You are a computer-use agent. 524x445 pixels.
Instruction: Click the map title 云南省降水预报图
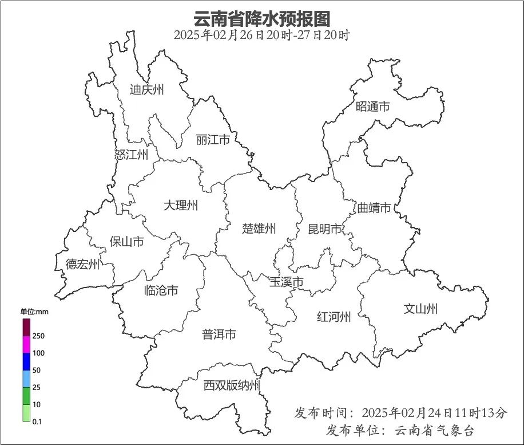click(x=261, y=18)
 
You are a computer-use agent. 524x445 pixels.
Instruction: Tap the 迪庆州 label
click(x=147, y=89)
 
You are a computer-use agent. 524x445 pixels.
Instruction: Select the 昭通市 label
click(x=372, y=107)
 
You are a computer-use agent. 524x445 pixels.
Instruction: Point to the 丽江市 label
click(x=212, y=140)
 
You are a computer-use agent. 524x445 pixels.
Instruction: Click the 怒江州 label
click(x=131, y=154)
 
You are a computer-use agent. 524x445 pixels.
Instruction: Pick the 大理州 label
click(x=181, y=205)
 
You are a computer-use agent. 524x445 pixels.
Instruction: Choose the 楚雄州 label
click(x=259, y=229)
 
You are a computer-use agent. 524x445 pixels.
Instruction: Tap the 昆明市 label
click(x=324, y=229)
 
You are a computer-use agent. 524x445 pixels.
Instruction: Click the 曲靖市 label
click(x=374, y=207)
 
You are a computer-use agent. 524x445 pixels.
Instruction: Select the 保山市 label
click(x=126, y=242)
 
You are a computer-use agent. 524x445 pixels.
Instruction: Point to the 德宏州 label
click(x=82, y=264)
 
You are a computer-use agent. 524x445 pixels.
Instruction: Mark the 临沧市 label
click(x=161, y=290)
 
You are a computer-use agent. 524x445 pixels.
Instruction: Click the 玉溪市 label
click(x=286, y=282)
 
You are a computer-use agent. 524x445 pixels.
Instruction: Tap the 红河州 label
click(x=334, y=316)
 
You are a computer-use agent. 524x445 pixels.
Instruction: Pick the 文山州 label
click(x=420, y=309)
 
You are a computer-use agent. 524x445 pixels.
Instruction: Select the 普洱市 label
click(x=219, y=334)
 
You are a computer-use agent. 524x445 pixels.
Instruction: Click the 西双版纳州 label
click(x=232, y=385)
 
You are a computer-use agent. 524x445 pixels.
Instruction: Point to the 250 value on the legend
click(x=39, y=336)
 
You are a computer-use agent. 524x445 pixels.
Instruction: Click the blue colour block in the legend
click(x=26, y=361)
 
